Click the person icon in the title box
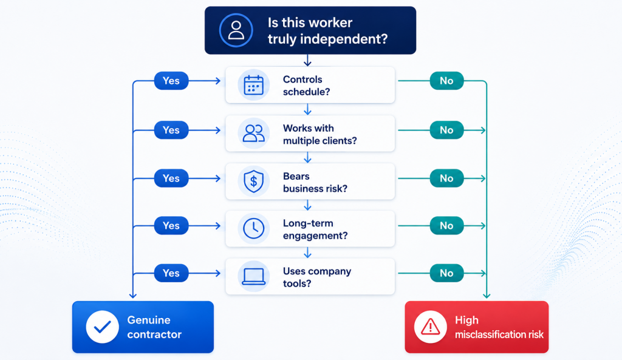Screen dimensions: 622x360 (x=236, y=30)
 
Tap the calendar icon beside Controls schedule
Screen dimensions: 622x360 (x=253, y=85)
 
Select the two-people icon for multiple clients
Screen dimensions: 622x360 (x=253, y=133)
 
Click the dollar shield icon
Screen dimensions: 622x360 (x=253, y=181)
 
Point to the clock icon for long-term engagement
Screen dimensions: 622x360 (x=253, y=228)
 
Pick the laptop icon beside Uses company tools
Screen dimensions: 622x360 (x=253, y=276)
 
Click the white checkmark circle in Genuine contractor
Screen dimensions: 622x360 (x=102, y=327)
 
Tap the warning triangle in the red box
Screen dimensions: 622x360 (x=431, y=327)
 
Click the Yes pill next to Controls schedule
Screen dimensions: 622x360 (x=171, y=81)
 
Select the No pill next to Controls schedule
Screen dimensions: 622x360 (x=446, y=81)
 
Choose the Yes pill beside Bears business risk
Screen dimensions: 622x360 (x=171, y=178)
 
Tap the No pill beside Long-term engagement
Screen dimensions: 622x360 (x=446, y=226)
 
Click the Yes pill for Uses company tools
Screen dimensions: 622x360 (x=171, y=273)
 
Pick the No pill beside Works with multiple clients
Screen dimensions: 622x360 (x=446, y=130)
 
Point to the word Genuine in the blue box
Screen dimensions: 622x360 (x=149, y=320)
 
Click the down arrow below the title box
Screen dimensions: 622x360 (x=307, y=60)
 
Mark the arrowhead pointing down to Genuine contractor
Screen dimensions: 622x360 (x=133, y=296)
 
